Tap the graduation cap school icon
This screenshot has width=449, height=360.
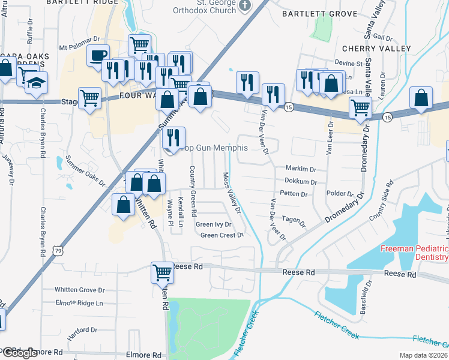(37, 83)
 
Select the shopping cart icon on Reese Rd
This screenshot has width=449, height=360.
(162, 272)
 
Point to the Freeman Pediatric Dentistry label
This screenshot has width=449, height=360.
(414, 253)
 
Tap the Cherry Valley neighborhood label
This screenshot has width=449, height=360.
(376, 48)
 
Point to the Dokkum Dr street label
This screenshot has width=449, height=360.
(301, 181)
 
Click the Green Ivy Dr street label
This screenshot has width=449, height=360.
(214, 224)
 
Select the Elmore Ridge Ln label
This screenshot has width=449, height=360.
(79, 303)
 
